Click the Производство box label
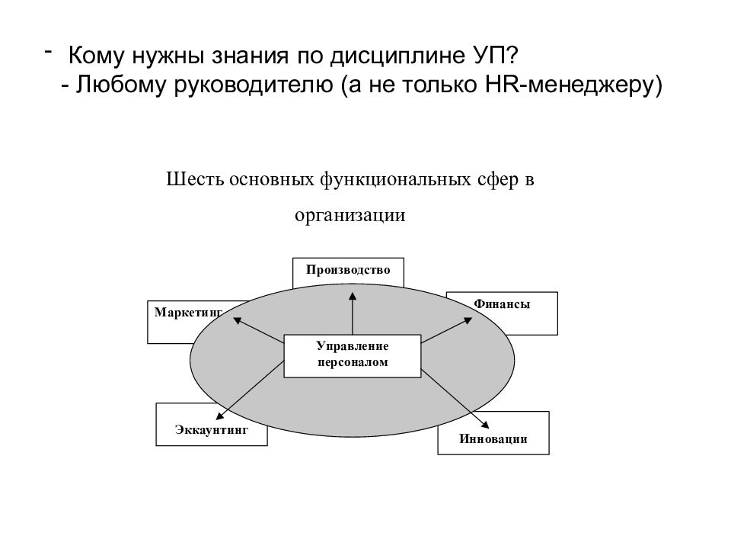click(x=348, y=270)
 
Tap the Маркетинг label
click(x=188, y=313)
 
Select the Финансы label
click(x=502, y=304)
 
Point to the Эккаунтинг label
click(x=212, y=429)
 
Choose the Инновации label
click(x=493, y=439)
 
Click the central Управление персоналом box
click(x=353, y=356)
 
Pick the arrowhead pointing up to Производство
click(x=353, y=296)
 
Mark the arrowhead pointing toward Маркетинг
click(x=238, y=320)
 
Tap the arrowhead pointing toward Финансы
click(x=468, y=320)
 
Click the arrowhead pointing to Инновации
click(x=485, y=424)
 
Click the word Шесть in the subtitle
click(x=195, y=179)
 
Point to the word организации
click(x=350, y=216)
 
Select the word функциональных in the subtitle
click(x=395, y=180)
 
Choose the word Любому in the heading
click(x=121, y=85)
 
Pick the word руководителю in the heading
click(x=254, y=85)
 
